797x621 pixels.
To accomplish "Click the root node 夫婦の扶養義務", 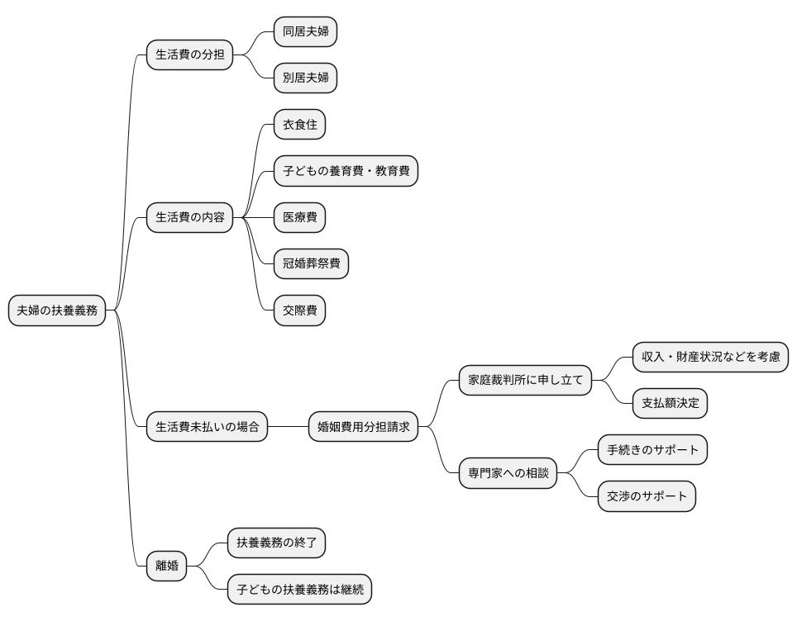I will click(57, 310).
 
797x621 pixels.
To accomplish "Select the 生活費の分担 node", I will click(189, 55).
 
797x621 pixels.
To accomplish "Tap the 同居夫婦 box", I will click(305, 32).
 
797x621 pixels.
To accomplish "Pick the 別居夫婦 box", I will click(305, 78).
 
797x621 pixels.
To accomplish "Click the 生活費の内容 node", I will click(189, 218).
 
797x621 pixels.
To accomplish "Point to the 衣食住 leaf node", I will click(299, 126).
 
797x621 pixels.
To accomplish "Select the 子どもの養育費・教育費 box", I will click(346, 172).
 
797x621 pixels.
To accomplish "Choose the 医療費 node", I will click(299, 218).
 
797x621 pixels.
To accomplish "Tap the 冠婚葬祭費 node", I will click(311, 264).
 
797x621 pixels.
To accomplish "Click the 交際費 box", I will click(299, 310).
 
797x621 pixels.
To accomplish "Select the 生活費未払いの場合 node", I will click(207, 427).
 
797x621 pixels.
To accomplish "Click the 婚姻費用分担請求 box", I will click(364, 427).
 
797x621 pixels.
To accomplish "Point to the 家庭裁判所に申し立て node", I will click(526, 381).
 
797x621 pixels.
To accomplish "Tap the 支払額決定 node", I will click(670, 404).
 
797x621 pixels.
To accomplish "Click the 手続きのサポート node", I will click(652, 450).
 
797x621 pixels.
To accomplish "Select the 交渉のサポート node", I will click(647, 496).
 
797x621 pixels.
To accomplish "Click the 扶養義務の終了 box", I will click(276, 543).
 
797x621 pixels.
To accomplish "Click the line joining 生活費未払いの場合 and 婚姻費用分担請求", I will click(288, 427).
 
